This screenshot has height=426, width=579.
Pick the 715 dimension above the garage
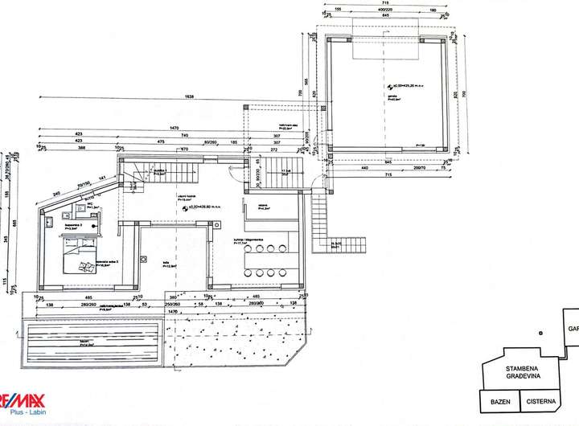coord(388,4)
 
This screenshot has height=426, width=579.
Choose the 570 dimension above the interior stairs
coord(184,150)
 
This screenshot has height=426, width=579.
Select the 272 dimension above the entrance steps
coord(273,150)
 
